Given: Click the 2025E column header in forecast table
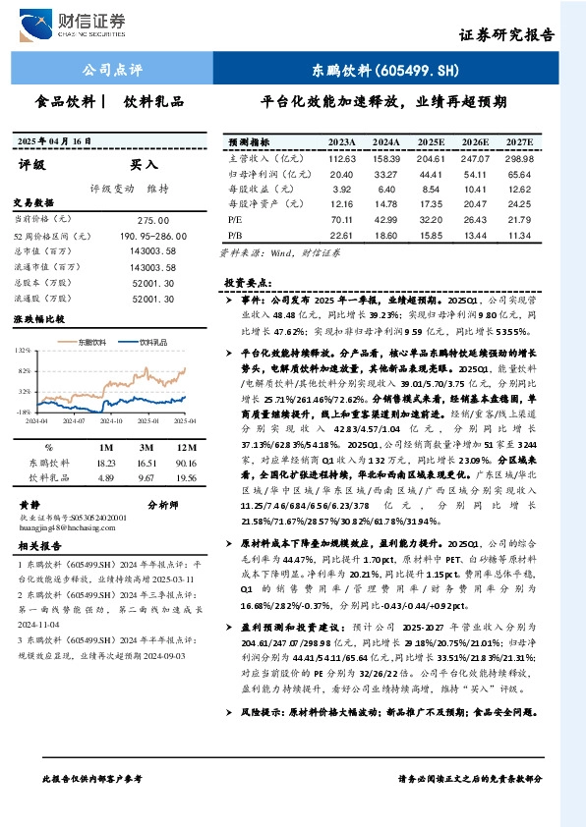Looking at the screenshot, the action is [430, 142].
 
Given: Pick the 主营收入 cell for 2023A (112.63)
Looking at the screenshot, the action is [341, 158].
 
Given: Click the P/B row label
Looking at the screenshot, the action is [236, 236].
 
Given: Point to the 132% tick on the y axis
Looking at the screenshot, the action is [22, 350].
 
